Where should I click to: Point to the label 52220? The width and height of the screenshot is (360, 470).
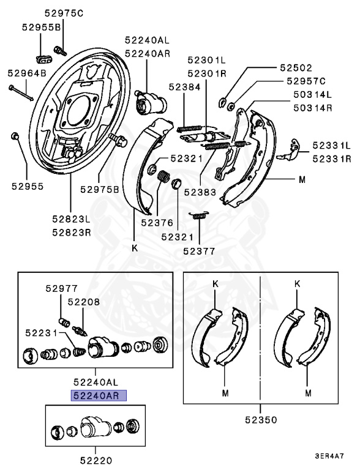click(x=97, y=458)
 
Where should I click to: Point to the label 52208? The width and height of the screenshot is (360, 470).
click(x=83, y=302)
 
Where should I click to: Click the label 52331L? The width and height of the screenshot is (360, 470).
click(x=331, y=146)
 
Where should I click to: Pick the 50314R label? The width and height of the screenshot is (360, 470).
click(x=311, y=107)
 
